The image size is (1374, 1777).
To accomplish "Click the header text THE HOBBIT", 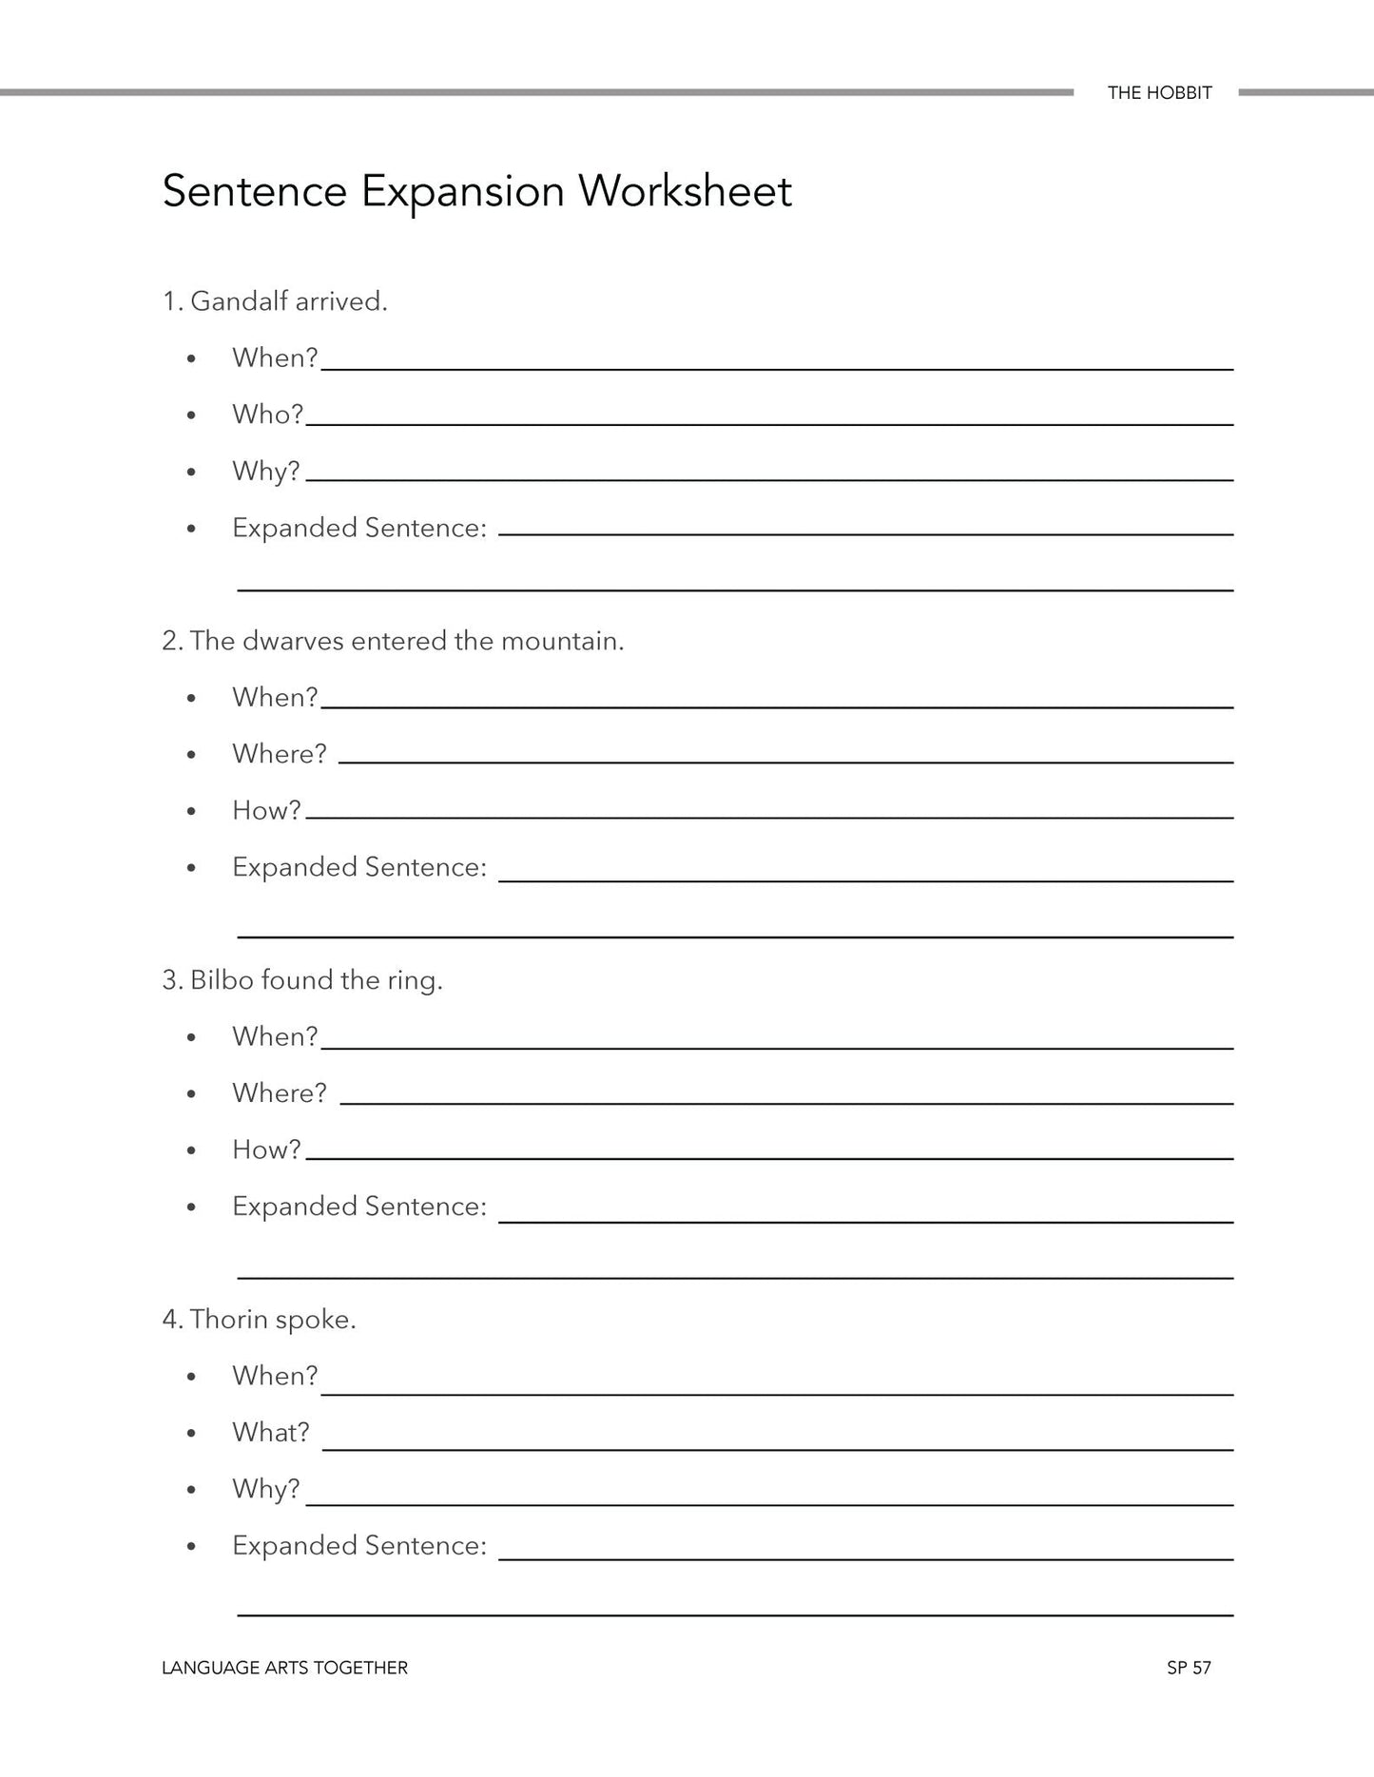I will (x=1159, y=93).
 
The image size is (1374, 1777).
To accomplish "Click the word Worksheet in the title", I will (x=685, y=191).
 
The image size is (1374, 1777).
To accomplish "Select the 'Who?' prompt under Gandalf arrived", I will (x=267, y=415).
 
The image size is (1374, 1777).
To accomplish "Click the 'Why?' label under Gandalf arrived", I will (x=265, y=471).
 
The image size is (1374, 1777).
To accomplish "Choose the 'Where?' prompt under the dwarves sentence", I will (x=279, y=754).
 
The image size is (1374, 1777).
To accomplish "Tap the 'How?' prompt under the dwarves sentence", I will (x=266, y=810).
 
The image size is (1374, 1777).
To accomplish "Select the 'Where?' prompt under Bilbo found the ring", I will (x=279, y=1093).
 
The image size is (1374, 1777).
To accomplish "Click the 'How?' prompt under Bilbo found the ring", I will (x=266, y=1149).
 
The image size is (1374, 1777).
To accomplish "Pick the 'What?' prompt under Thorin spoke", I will (x=270, y=1432).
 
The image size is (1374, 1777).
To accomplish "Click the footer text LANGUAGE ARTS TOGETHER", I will (x=284, y=1668).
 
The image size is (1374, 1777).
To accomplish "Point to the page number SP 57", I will (x=1189, y=1668).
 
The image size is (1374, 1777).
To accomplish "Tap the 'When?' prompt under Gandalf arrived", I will (x=274, y=358).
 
